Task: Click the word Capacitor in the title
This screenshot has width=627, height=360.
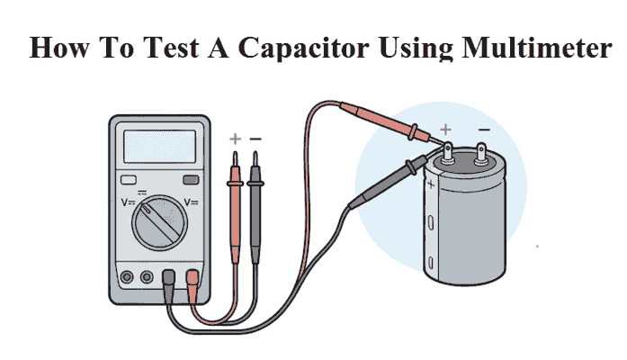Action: tap(303, 48)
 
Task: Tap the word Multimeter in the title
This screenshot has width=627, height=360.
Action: tap(537, 47)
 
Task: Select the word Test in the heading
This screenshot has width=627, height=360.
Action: tap(171, 47)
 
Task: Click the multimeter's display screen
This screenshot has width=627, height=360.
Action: tap(159, 147)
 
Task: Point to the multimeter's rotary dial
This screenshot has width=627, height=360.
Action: tap(159, 223)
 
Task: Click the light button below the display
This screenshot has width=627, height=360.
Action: tap(129, 180)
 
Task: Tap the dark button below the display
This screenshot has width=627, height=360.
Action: tap(191, 180)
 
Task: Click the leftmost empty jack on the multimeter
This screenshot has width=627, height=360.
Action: tap(127, 277)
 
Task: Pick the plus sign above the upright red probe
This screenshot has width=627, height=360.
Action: tap(235, 139)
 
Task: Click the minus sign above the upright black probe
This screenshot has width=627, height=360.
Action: tap(255, 139)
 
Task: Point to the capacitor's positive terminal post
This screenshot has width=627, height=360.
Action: tap(448, 153)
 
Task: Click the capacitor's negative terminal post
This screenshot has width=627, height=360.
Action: tap(481, 155)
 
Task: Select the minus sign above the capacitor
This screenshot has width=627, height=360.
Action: tap(484, 130)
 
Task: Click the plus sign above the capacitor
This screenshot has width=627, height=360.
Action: tap(445, 130)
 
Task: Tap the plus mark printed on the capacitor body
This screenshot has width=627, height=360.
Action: tap(431, 184)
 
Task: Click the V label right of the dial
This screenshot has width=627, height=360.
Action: tap(191, 202)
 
